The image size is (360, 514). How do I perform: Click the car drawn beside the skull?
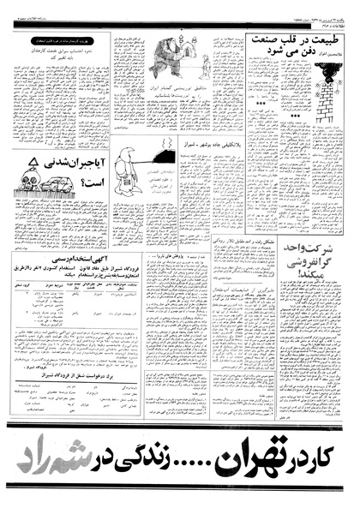[57, 181]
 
